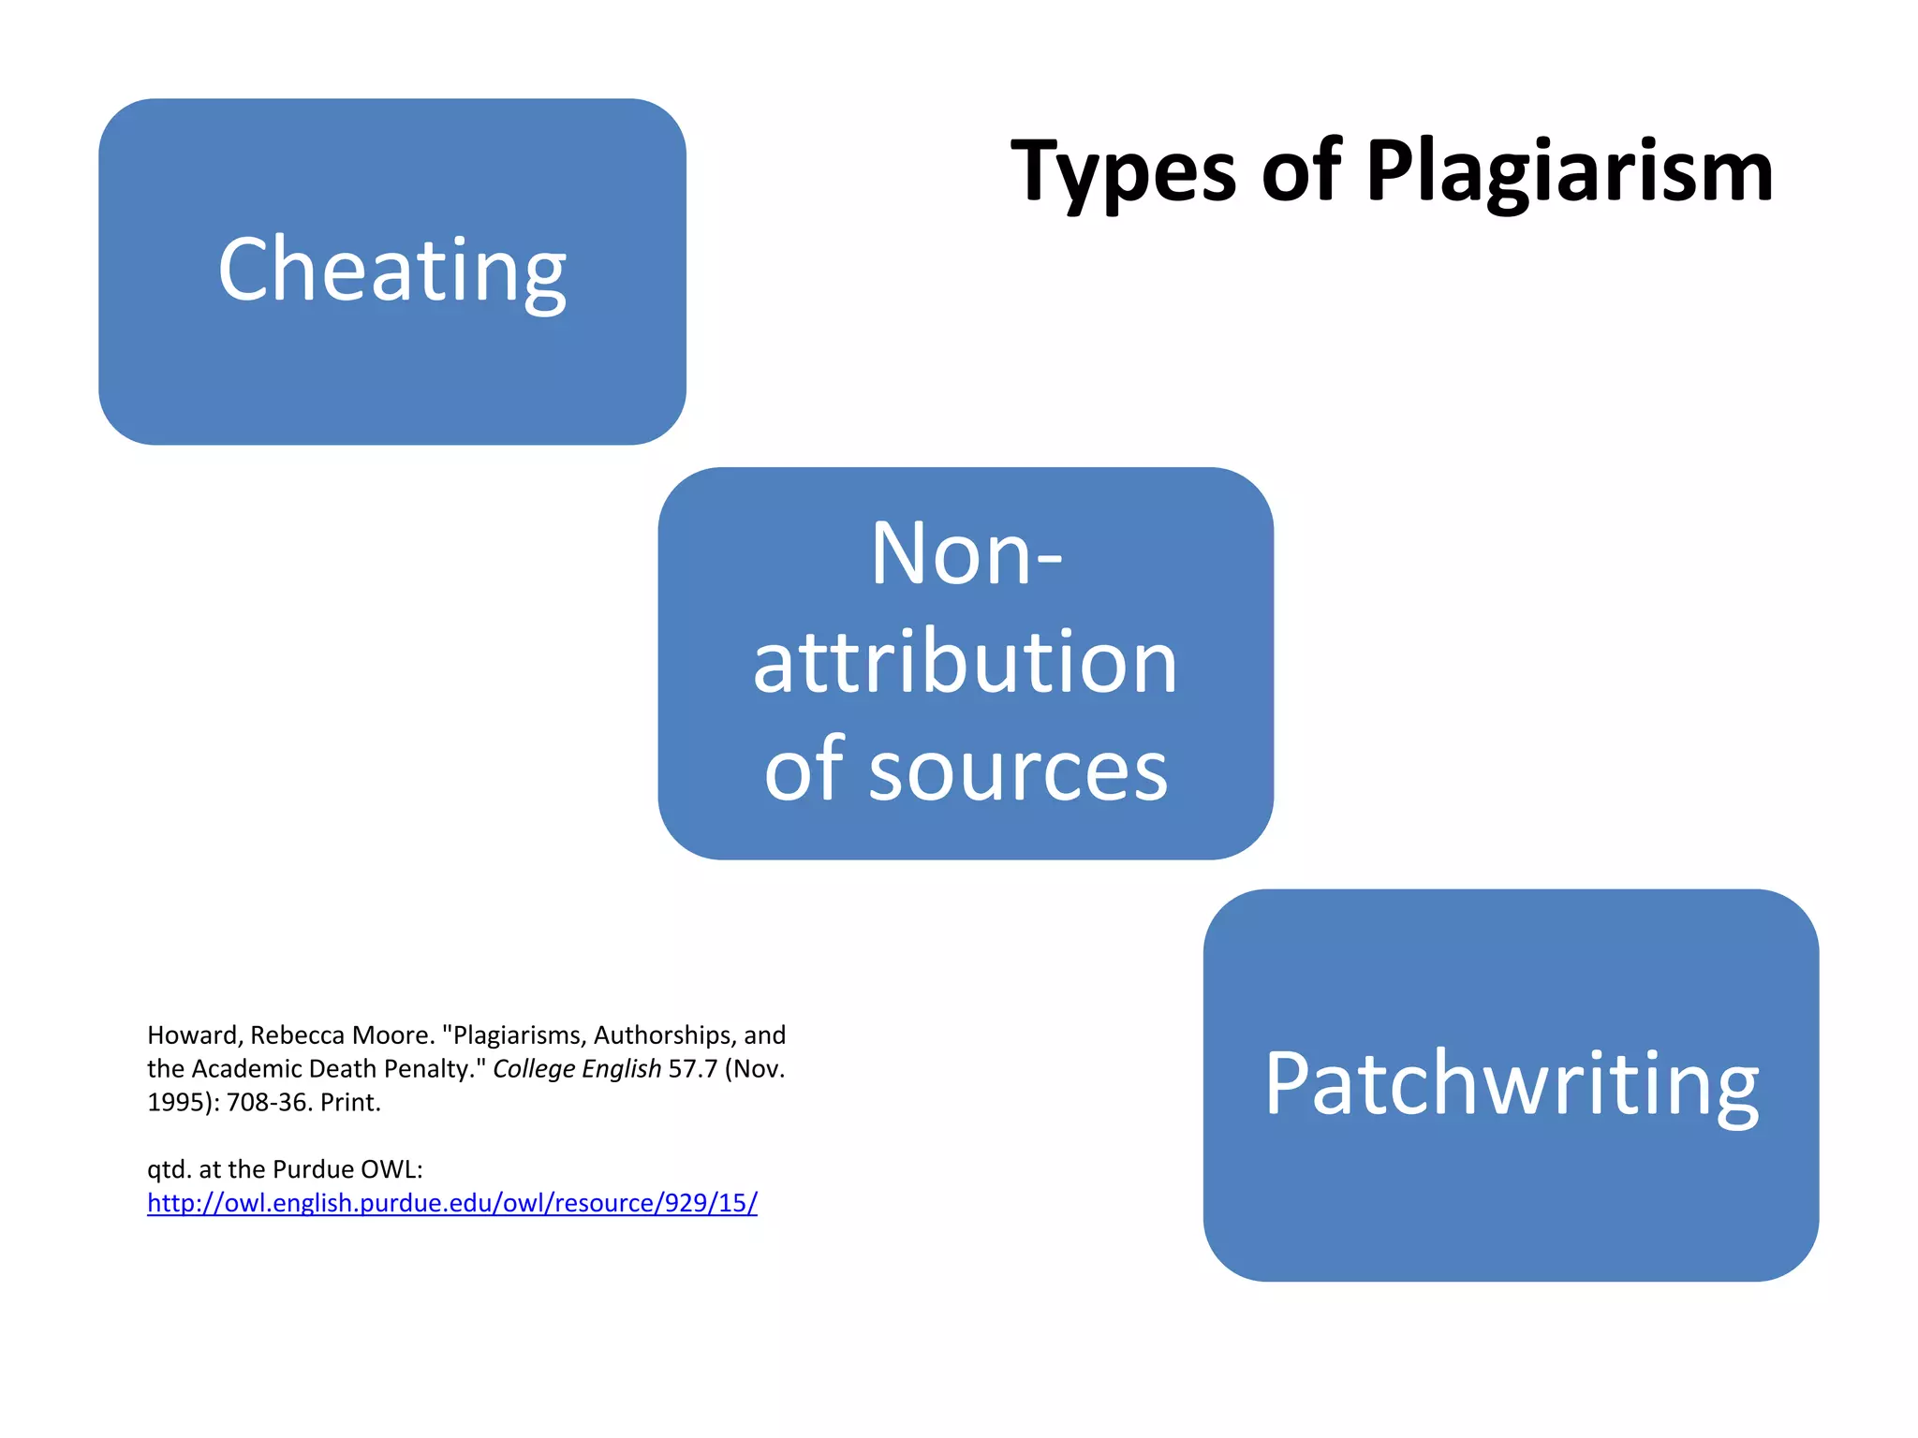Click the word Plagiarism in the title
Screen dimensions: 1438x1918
pos(1569,172)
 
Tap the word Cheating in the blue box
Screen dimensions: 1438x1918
pos(391,271)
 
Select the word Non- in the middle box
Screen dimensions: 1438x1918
pos(966,554)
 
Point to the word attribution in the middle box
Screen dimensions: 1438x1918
pos(966,662)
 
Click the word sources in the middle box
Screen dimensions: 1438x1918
pos(1018,770)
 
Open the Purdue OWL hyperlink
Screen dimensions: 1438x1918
pos(452,1203)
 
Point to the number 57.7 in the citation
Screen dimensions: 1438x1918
pos(692,1069)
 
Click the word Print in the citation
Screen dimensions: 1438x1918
pos(349,1103)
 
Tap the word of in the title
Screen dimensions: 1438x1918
pos(1302,172)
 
